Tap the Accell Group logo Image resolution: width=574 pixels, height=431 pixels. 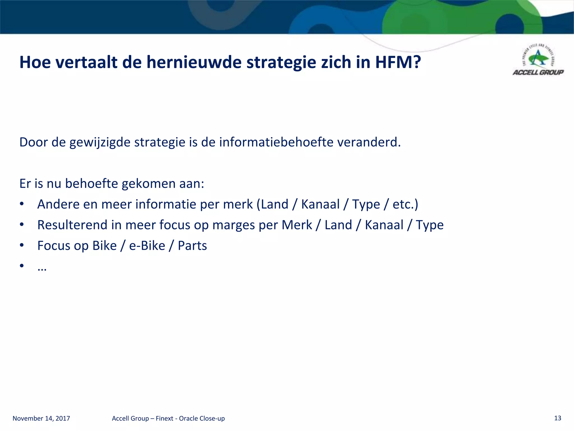click(x=538, y=61)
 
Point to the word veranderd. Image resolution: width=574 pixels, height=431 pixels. click(x=369, y=142)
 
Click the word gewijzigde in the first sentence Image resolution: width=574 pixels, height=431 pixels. click(x=99, y=143)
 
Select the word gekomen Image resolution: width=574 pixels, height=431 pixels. click(x=148, y=184)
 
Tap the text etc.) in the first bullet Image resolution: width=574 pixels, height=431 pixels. click(x=405, y=204)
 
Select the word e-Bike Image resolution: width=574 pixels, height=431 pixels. click(x=147, y=246)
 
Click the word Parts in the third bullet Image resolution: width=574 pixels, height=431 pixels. click(x=192, y=246)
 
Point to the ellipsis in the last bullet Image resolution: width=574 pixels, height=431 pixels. click(x=42, y=268)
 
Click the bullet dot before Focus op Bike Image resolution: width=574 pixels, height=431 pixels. click(x=22, y=245)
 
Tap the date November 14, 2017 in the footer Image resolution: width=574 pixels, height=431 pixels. click(x=41, y=418)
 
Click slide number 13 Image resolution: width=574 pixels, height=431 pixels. click(x=557, y=418)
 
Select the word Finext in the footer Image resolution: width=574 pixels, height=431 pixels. click(x=165, y=418)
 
